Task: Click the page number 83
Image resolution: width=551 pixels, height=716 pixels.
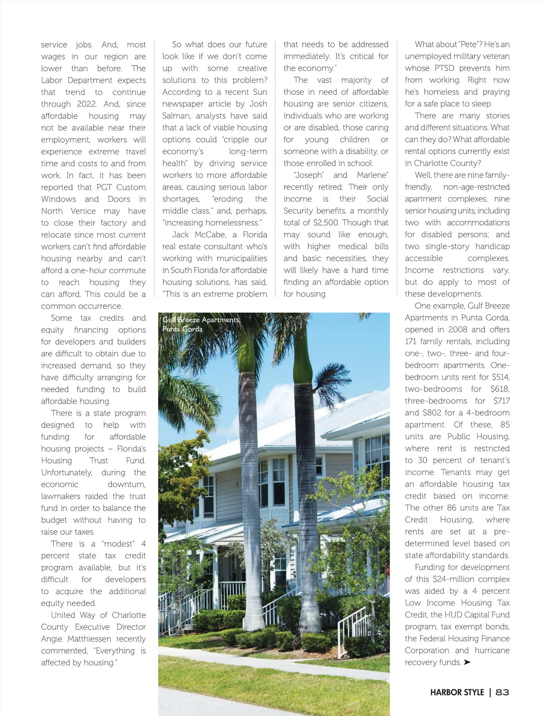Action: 502,692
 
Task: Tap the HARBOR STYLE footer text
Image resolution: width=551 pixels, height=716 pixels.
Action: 457,692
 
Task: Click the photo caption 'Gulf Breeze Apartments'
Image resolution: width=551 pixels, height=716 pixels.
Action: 201,320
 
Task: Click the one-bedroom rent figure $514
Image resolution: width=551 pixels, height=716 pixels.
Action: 500,377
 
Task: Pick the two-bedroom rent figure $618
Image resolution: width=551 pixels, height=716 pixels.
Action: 500,389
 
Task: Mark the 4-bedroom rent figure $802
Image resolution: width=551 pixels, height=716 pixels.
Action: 432,413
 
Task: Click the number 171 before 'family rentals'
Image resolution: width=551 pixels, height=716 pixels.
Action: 411,341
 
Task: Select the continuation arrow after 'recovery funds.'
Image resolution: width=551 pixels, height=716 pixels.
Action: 467,662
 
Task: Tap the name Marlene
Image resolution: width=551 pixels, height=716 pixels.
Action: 372,175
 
